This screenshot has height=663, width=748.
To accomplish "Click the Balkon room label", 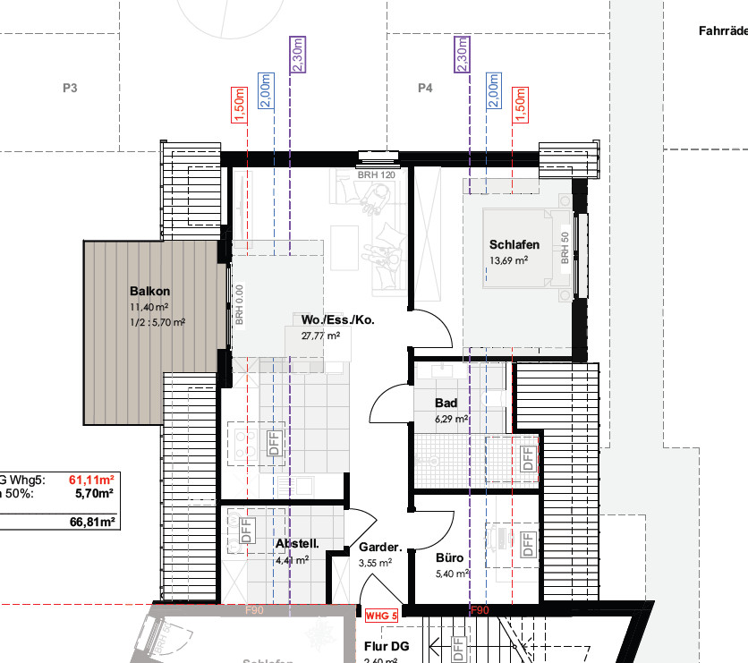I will click(x=149, y=292).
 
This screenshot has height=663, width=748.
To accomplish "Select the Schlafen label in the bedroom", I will click(x=514, y=245).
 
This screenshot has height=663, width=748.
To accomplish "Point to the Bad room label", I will click(x=446, y=404).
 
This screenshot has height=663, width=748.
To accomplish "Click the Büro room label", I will click(x=449, y=557).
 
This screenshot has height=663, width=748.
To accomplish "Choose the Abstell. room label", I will click(x=296, y=543).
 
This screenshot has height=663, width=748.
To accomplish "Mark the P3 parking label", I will click(x=71, y=89).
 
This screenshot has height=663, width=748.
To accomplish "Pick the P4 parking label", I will click(x=425, y=89).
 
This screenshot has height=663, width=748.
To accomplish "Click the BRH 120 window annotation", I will click(x=376, y=175).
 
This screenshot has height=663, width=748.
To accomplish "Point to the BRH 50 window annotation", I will click(x=565, y=248).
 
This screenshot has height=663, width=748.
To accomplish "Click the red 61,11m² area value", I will click(x=93, y=479).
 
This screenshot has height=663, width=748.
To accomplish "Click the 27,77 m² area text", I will click(x=320, y=336).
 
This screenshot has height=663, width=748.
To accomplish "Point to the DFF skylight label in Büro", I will click(x=527, y=541).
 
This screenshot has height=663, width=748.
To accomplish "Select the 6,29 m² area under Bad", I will click(x=451, y=418).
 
